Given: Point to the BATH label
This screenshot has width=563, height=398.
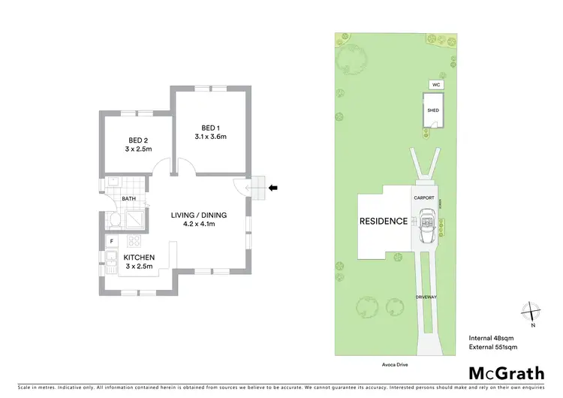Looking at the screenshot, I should pos(129,199).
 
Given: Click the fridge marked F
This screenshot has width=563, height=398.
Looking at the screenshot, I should pos(112,241).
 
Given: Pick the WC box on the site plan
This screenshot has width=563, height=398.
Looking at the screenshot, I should pos(435,85).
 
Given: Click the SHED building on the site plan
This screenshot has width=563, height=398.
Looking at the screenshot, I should pos(432,111).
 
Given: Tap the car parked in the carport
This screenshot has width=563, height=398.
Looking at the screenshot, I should pos(426,224).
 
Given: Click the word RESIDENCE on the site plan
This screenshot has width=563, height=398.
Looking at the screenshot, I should pos(383,222).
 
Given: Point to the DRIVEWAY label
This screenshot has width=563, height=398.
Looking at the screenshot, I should pos(426,298).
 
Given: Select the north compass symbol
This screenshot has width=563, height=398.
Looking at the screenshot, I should pos(531,311).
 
